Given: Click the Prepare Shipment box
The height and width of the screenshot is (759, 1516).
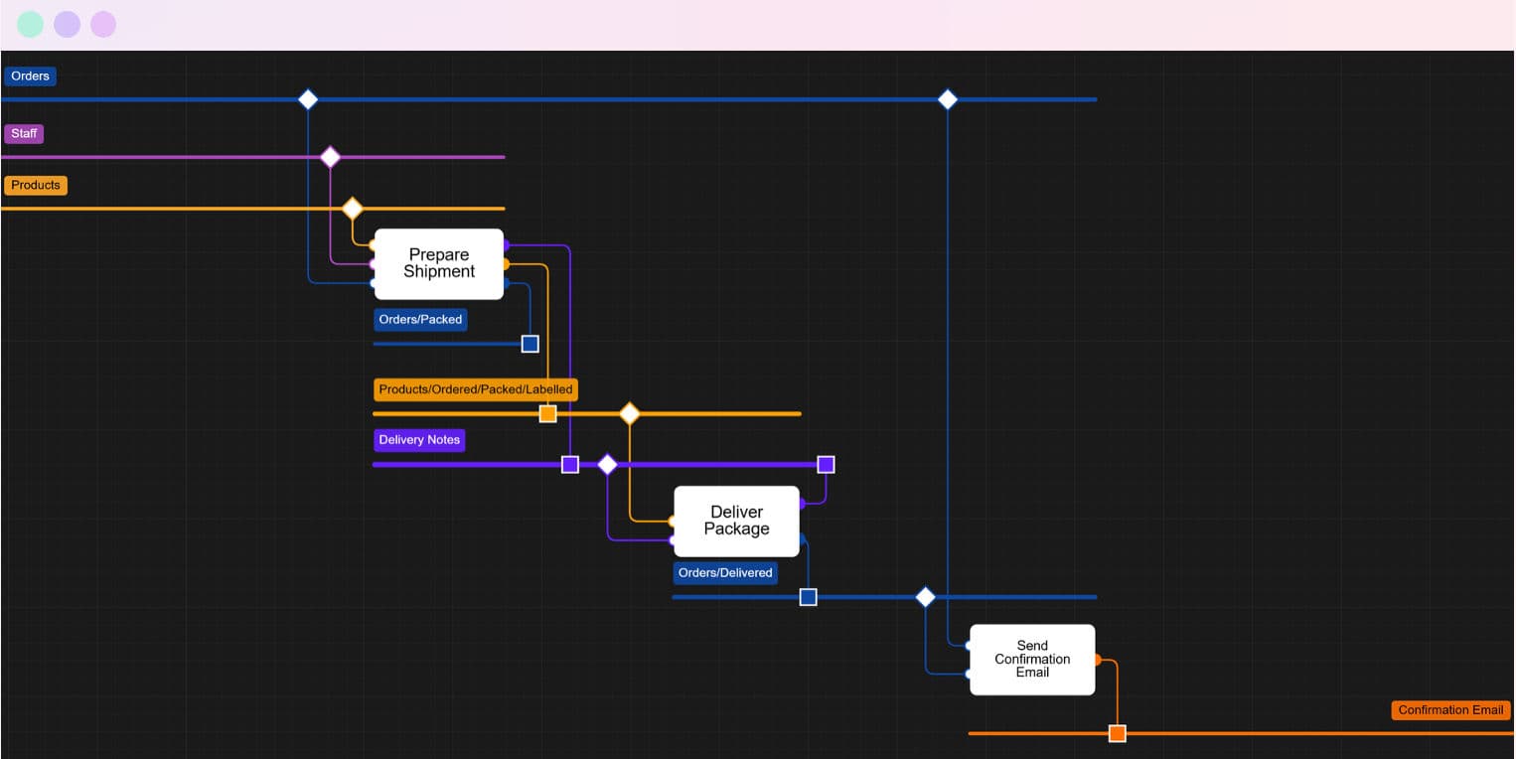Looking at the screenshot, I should tap(438, 263).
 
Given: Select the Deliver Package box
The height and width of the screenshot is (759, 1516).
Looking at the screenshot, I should tap(736, 521).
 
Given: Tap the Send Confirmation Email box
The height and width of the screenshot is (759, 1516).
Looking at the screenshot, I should tap(1032, 659).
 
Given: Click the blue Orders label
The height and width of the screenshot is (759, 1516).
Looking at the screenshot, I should tap(30, 76).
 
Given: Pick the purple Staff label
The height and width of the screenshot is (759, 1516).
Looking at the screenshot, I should tap(24, 133).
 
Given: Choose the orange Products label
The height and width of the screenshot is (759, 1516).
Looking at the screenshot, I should tap(36, 185).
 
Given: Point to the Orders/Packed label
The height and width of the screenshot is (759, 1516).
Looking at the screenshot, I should tap(420, 320).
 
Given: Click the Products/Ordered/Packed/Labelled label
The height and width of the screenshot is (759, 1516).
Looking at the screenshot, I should tap(476, 389).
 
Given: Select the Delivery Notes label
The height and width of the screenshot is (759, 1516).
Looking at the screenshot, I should tap(419, 440).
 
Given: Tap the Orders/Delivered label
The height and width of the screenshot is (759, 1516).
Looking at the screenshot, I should tap(725, 572).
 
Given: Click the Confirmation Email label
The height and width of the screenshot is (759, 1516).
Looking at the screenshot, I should tap(1450, 709).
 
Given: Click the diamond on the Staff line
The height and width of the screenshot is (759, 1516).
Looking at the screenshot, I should tap(330, 157).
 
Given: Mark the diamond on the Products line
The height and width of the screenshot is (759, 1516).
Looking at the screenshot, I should tap(352, 209).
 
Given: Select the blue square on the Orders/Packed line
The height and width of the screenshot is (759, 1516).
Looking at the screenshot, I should tap(531, 344).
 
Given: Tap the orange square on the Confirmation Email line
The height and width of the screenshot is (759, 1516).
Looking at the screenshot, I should tap(1118, 733).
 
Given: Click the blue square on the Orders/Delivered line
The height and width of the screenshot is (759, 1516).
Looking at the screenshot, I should tap(809, 597).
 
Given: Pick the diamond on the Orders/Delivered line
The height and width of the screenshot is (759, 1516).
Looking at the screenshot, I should tap(925, 597).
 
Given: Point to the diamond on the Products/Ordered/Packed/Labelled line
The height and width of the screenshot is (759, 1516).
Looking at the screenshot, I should tap(629, 413).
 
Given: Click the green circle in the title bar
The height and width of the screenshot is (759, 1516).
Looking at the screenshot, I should tap(31, 25).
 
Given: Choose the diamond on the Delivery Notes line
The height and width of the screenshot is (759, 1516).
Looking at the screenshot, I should tap(607, 464).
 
